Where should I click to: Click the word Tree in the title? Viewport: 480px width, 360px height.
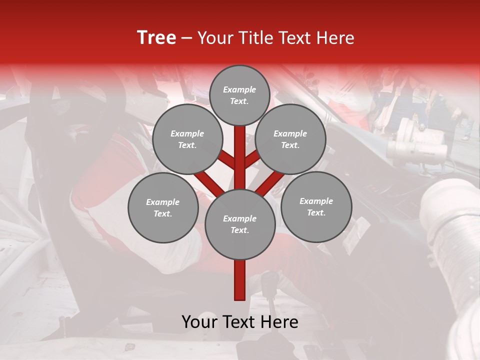click(x=156, y=38)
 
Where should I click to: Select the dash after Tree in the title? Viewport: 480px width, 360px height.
click(x=186, y=38)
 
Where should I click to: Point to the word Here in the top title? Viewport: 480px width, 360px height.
click(x=336, y=38)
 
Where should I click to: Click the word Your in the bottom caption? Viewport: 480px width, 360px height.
click(x=198, y=322)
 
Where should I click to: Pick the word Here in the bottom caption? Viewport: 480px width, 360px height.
click(x=280, y=322)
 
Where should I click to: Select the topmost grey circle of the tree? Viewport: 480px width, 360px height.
click(x=239, y=95)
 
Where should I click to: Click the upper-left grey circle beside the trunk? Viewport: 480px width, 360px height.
click(x=187, y=139)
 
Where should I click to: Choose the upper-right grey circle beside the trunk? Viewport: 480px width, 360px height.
click(x=290, y=139)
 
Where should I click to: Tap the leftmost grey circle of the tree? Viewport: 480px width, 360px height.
click(x=163, y=207)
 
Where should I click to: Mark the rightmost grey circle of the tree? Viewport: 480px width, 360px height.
click(x=316, y=206)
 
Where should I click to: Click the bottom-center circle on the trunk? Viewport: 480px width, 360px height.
click(x=240, y=224)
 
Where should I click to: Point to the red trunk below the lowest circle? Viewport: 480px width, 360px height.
click(x=240, y=280)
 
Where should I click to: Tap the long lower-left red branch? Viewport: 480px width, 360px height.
click(x=209, y=183)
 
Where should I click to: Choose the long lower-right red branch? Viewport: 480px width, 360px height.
click(x=270, y=183)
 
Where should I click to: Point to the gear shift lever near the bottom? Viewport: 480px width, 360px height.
click(x=270, y=300)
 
